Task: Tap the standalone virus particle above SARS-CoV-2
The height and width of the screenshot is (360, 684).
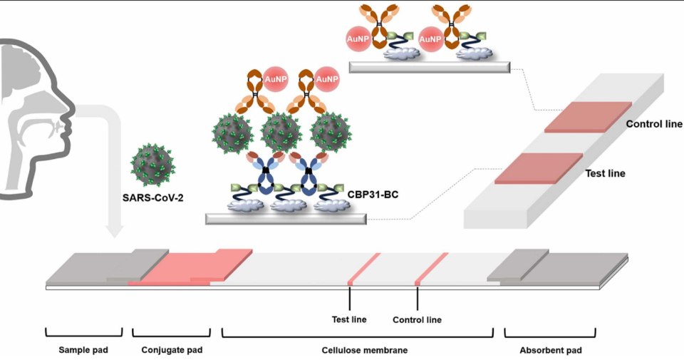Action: [152, 164]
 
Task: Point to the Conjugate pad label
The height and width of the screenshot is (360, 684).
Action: [172, 350]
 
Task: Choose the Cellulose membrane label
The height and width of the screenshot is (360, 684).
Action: [358, 350]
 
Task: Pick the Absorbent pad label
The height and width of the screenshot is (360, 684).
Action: [551, 350]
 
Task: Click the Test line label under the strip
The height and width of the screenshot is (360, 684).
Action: [350, 319]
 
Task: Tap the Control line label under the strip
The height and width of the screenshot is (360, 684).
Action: [418, 319]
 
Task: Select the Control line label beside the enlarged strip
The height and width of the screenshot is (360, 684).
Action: [654, 124]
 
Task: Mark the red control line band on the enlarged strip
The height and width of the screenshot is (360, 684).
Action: [589, 117]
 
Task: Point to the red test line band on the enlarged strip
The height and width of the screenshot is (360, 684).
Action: [539, 168]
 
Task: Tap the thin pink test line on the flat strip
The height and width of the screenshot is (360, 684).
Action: [363, 267]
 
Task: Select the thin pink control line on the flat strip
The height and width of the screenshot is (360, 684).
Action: [431, 267]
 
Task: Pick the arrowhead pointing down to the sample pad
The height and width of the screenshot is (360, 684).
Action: [114, 233]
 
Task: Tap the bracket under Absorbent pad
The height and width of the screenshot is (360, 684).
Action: [550, 333]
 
